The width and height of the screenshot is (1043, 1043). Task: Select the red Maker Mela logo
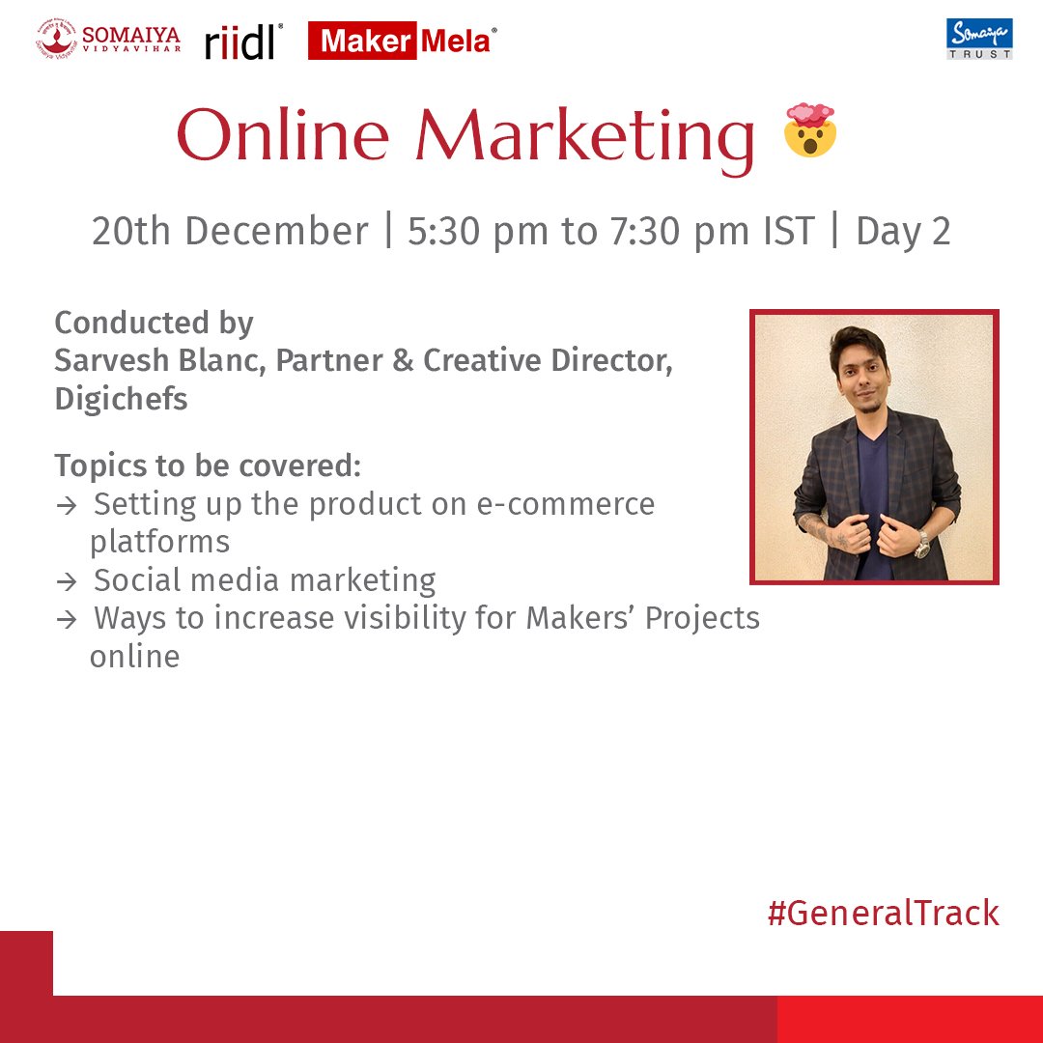[x=403, y=41]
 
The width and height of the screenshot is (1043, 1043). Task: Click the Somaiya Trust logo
[x=979, y=39]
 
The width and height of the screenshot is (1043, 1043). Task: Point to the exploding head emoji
[x=809, y=132]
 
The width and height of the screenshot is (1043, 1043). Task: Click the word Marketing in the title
[x=585, y=137]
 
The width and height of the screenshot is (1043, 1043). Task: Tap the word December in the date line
[x=276, y=232]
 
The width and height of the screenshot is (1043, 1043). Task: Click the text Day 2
[x=903, y=232]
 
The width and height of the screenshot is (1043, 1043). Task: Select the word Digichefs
[x=121, y=399]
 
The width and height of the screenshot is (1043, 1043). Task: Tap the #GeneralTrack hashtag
[x=883, y=913]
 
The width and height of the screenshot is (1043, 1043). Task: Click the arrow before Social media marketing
[x=67, y=581]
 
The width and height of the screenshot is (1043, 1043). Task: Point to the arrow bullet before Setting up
[x=67, y=505]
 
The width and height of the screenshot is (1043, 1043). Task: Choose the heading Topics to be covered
[x=208, y=465]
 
